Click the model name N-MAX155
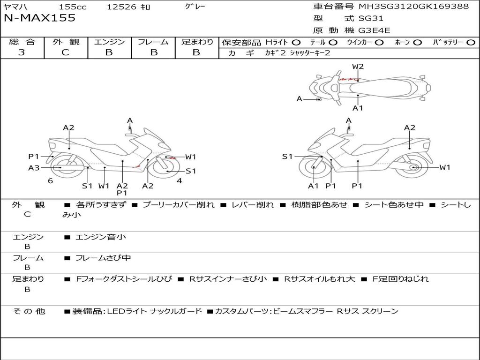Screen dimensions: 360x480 click(x=39, y=18)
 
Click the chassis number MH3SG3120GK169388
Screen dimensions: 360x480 click(x=413, y=7)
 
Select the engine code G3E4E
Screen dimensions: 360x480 click(x=374, y=30)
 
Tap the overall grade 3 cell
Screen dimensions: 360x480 click(x=22, y=52)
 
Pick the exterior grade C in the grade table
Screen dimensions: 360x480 click(x=65, y=52)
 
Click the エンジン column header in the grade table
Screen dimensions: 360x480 click(x=109, y=42)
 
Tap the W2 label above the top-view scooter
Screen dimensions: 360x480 click(x=358, y=67)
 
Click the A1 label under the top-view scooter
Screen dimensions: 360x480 click(x=358, y=108)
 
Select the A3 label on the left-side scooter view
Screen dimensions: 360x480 click(x=34, y=168)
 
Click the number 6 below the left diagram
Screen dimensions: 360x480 click(x=50, y=180)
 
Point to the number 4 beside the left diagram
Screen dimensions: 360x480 click(x=179, y=180)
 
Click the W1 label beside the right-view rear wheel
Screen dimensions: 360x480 click(x=444, y=167)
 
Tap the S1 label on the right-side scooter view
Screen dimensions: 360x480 click(x=287, y=157)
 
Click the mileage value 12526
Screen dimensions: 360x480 click(x=121, y=7)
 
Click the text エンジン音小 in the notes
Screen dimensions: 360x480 click(x=100, y=237)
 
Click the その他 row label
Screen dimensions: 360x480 click(x=29, y=311)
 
